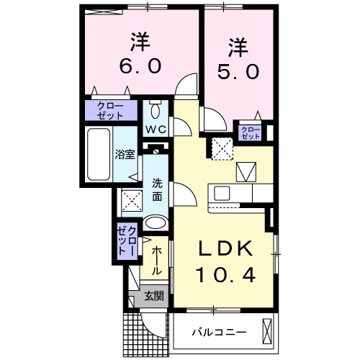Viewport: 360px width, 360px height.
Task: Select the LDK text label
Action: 225,249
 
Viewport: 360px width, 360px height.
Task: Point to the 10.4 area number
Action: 225,274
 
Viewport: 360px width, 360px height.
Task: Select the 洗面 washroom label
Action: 157,189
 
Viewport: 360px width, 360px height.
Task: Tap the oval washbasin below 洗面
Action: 155,224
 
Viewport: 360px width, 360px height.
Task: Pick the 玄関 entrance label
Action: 153,296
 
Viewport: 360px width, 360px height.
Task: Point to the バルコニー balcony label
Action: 219,332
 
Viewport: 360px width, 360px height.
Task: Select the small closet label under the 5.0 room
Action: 251,132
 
